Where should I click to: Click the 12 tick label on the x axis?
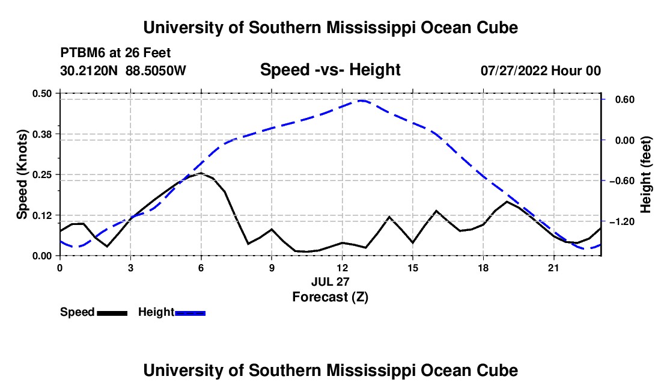343,268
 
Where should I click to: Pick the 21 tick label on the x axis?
553,268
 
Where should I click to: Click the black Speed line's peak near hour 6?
201,173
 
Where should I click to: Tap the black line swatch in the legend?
112,313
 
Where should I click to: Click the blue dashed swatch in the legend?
190,313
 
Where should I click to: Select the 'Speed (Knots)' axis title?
22,174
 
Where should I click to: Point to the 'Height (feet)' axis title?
645,174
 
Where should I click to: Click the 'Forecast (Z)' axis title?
330,297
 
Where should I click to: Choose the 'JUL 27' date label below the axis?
330,282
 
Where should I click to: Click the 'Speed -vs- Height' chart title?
330,70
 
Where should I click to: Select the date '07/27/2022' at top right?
514,70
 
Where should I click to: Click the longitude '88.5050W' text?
156,70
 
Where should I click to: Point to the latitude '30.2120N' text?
89,70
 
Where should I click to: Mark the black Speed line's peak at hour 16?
436,211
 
